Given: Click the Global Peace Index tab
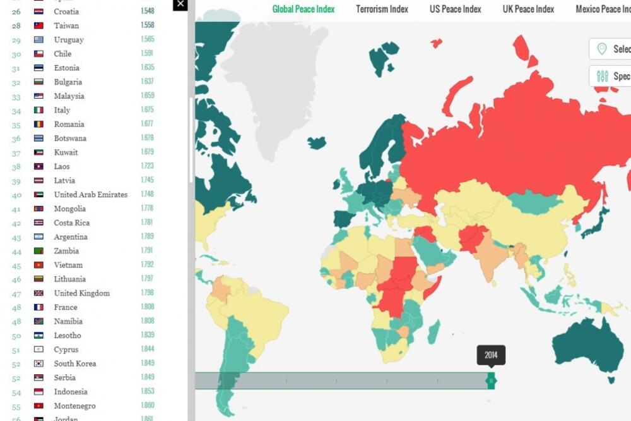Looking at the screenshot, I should click(304, 9).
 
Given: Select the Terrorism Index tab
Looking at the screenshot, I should click(382, 9).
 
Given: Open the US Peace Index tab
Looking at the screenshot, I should click(455, 9).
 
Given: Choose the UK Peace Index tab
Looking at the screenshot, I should click(528, 9).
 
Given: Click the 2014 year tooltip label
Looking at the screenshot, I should click(491, 355).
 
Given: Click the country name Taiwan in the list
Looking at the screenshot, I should click(66, 26).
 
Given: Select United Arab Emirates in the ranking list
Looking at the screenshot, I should click(90, 195).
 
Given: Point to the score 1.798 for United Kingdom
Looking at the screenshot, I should click(147, 293).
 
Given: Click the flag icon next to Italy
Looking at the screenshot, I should click(38, 111).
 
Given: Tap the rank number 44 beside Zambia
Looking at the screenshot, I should click(16, 251).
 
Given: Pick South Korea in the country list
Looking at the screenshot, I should click(74, 363).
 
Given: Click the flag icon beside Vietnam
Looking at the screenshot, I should click(38, 265).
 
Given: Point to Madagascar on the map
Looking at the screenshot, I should click(433, 331).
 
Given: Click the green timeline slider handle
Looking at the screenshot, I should click(491, 381).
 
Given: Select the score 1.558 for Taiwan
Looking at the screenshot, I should click(147, 26).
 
